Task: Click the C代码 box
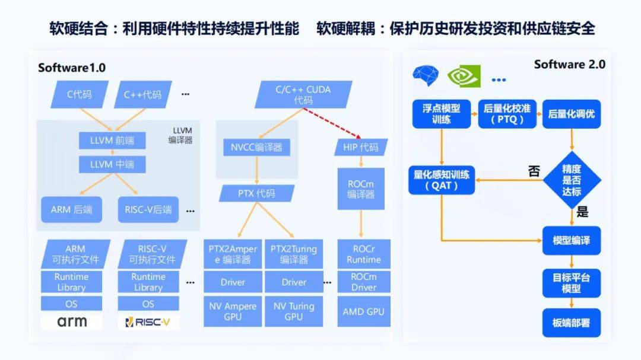79,94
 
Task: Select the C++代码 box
142,94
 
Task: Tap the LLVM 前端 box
112,141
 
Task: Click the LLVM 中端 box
112,164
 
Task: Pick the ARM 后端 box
71,209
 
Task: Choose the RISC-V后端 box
148,209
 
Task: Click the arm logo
71,321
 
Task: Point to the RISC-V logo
148,322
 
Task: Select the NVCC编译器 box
256,146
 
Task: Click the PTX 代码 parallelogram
256,193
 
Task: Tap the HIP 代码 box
361,146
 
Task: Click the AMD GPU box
363,311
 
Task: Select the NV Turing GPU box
294,311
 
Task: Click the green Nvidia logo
463,77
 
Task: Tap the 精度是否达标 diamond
572,180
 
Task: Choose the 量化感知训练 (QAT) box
442,180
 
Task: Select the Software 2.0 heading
569,64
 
